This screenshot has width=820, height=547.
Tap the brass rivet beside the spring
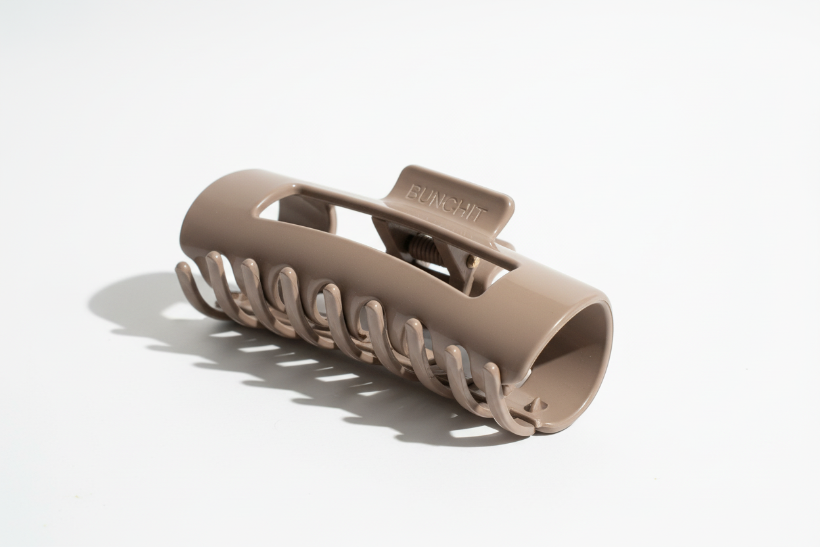coord(472,261)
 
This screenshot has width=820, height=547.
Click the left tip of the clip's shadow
coord(92,302)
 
